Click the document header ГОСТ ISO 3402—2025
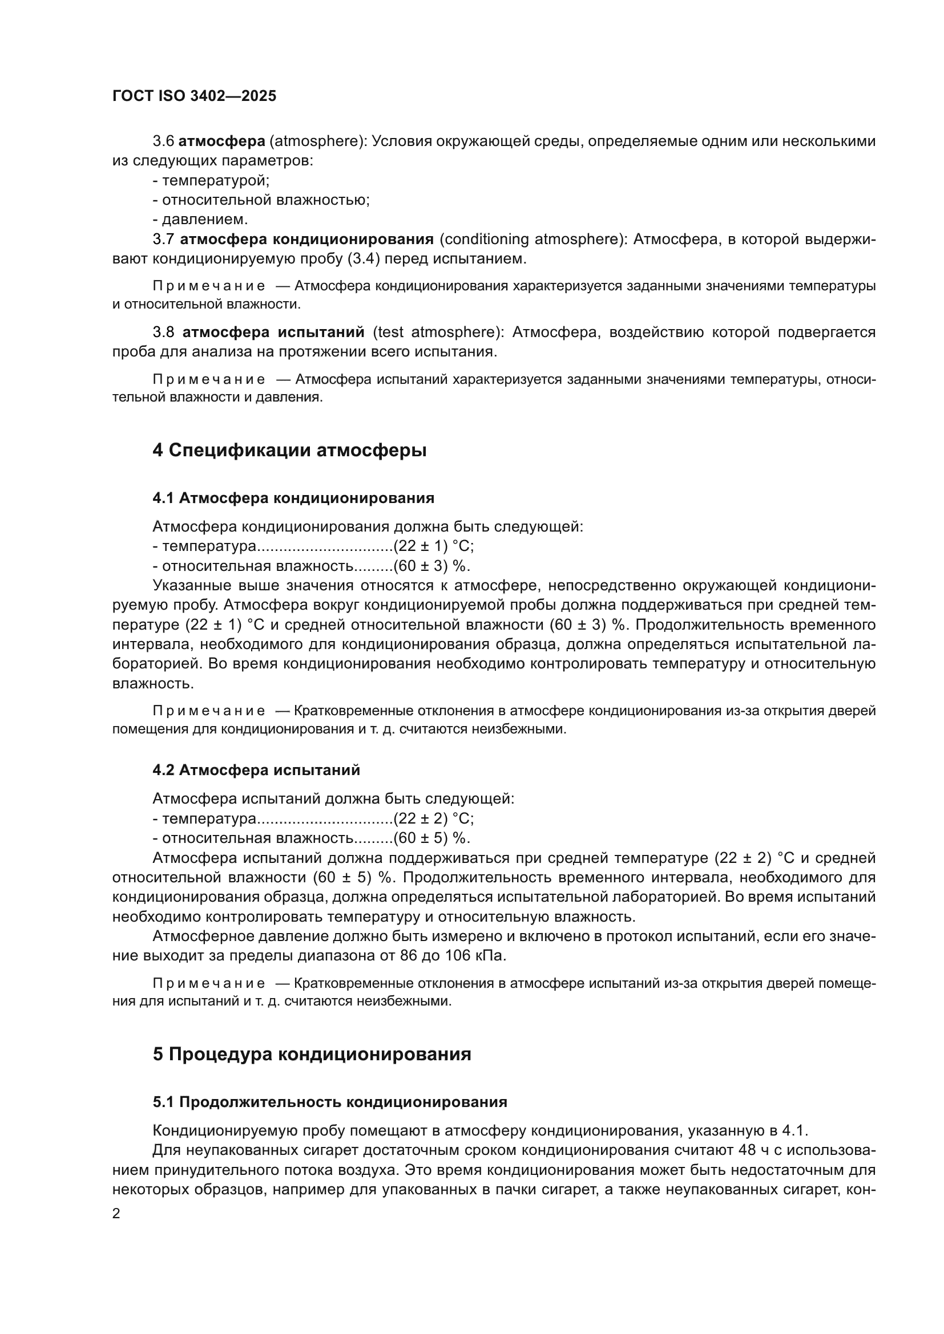coord(194,96)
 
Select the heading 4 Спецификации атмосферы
coord(289,451)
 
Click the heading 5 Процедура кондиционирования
coord(312,1054)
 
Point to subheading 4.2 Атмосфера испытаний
coord(256,770)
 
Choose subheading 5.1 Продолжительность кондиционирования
coord(329,1102)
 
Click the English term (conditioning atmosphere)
coord(531,240)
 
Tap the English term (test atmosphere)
coord(438,333)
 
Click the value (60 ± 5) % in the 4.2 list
coord(431,838)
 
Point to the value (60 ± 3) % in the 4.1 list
coord(431,566)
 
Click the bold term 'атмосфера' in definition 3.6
coord(221,141)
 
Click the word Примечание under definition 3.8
coord(209,379)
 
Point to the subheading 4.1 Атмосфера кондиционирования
coord(293,498)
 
